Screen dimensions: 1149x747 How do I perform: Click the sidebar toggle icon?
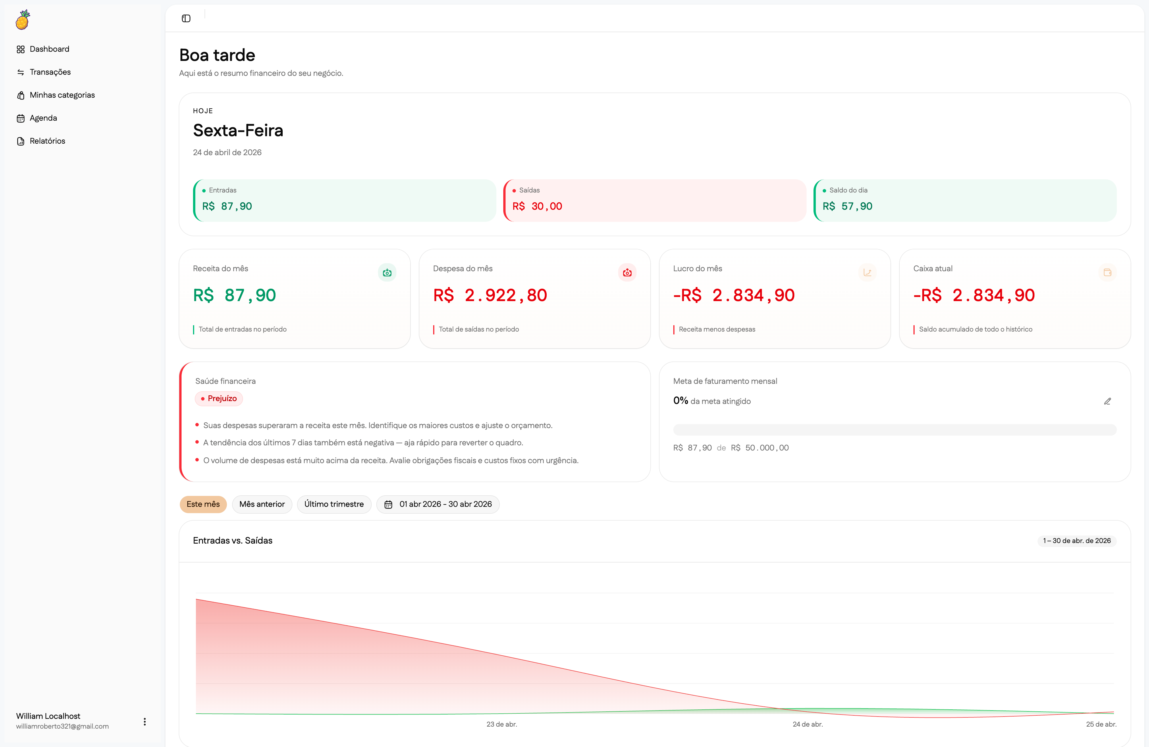(186, 18)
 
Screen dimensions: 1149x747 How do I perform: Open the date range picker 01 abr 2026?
(437, 504)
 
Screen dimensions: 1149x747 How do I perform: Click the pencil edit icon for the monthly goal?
(1107, 401)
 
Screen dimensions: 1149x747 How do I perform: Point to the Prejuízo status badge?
(218, 398)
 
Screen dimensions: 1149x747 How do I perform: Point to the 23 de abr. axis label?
(502, 724)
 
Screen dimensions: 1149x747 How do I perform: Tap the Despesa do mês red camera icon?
(627, 273)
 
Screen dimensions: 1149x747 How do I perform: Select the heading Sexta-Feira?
(238, 130)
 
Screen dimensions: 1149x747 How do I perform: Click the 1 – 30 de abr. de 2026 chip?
(1077, 541)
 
